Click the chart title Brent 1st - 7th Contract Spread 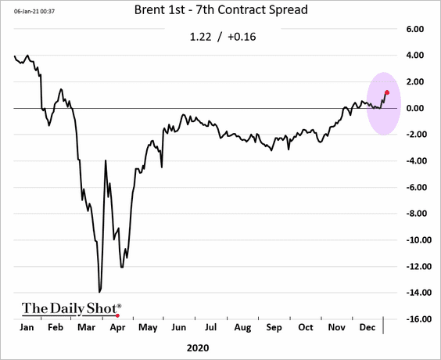click(221, 10)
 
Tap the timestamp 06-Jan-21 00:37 click(34, 12)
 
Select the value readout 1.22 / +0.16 click(223, 37)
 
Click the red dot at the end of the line click(387, 92)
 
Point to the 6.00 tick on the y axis click(415, 29)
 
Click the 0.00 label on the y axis click(415, 108)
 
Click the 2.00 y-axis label click(415, 81)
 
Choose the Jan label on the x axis click(27, 327)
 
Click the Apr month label click(117, 328)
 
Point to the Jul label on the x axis click(210, 327)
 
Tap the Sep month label click(274, 328)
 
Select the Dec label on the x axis click(367, 327)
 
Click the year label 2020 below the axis click(198, 348)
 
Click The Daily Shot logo click(72, 309)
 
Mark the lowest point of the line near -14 click(99, 292)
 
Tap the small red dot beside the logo click(117, 316)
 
